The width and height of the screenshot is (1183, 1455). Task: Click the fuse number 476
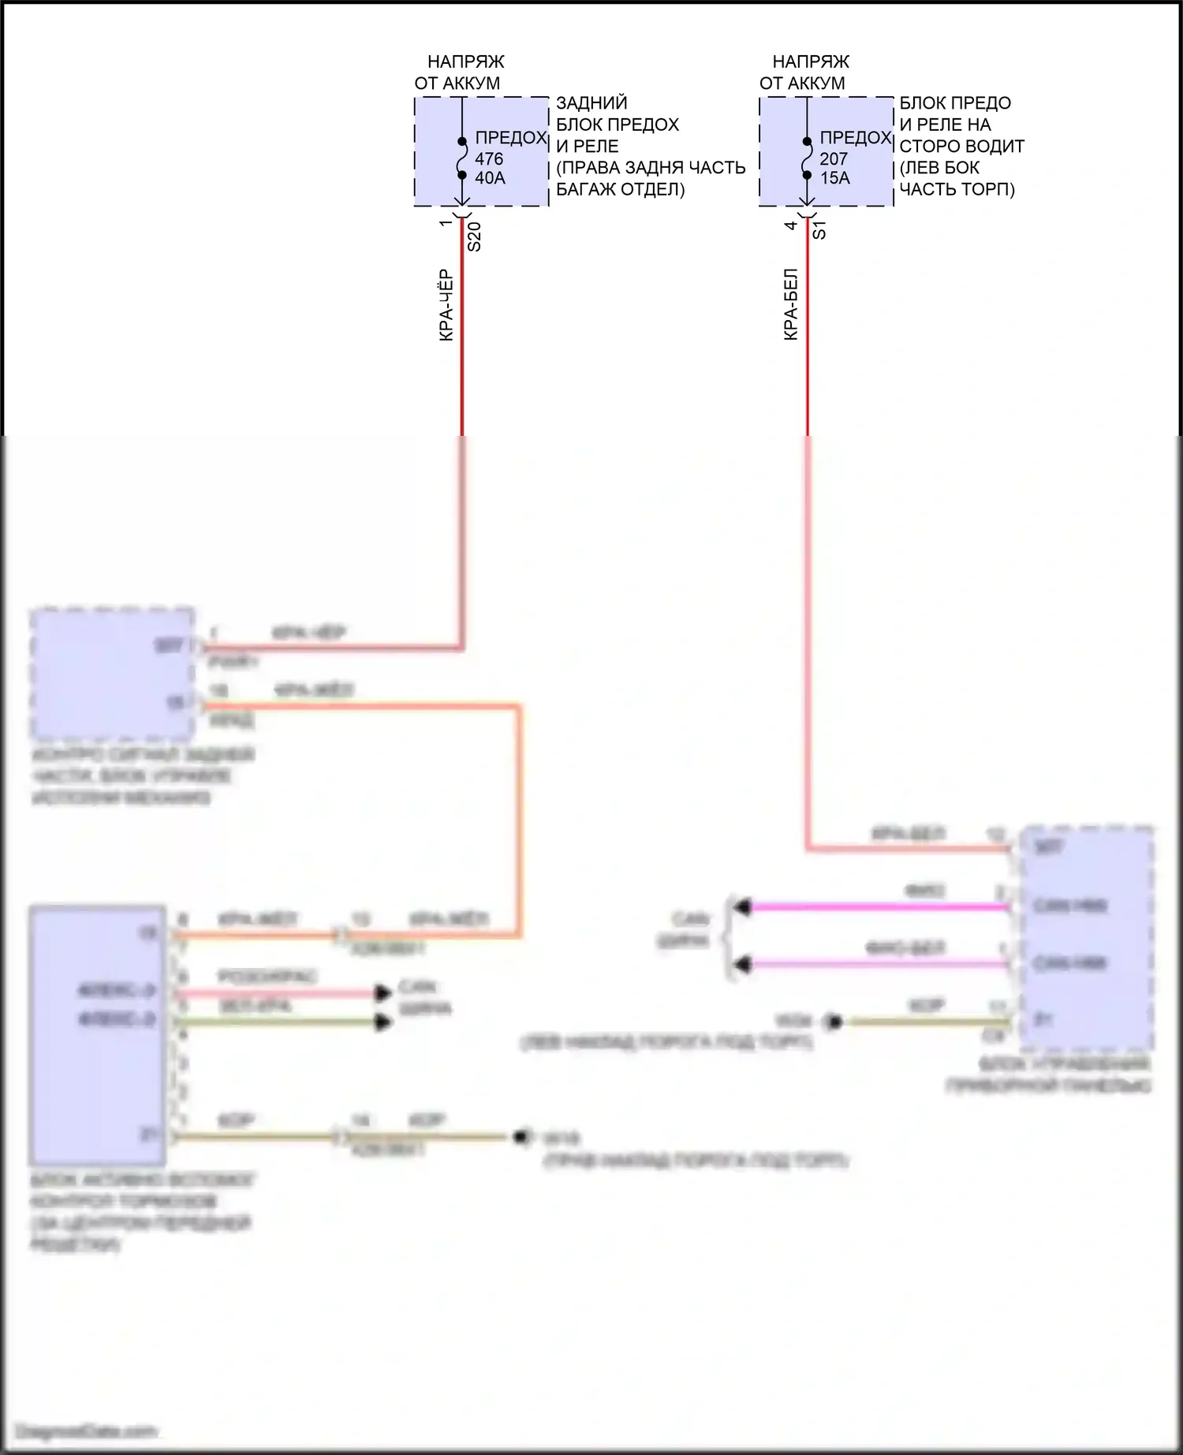point(489,158)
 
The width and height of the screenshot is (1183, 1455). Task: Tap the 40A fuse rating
point(490,178)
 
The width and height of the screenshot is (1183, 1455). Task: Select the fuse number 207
point(834,158)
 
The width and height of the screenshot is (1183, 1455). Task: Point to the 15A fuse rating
point(835,178)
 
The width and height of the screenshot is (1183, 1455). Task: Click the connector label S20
point(475,236)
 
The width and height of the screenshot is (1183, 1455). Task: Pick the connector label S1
point(819,230)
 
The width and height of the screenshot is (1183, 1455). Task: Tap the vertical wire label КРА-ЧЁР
point(446,305)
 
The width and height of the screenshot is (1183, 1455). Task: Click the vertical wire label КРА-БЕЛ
point(791,305)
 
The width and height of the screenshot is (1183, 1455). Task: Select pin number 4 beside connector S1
point(791,225)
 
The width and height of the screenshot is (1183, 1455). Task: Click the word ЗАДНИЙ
point(591,102)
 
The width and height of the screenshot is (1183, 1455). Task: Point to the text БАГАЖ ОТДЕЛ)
point(620,189)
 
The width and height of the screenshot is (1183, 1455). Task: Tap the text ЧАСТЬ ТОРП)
point(957,189)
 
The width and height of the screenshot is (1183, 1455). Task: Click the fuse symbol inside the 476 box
point(463,158)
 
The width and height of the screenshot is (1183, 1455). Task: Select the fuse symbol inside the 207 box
point(807,158)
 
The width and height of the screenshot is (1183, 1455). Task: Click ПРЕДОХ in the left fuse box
point(511,138)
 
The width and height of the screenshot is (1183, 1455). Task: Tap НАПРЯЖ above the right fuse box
point(811,61)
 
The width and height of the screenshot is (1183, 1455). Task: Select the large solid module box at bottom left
point(98,1035)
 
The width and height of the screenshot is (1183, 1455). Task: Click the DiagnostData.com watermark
point(87,1431)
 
